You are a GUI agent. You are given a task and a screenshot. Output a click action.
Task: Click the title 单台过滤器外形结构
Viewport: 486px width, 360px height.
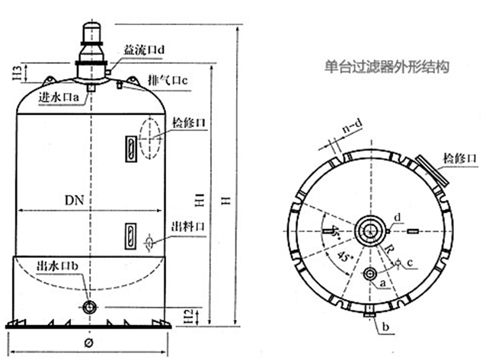(385, 66)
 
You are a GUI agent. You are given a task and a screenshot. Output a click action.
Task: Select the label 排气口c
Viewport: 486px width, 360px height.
(168, 79)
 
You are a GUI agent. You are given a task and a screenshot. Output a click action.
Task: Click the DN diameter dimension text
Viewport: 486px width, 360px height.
(75, 200)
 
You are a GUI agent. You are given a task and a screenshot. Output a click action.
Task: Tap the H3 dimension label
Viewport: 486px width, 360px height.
(16, 74)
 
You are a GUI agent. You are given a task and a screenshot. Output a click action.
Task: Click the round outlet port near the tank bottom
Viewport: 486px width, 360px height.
(91, 307)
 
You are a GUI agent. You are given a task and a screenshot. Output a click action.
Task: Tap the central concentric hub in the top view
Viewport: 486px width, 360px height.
(370, 230)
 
